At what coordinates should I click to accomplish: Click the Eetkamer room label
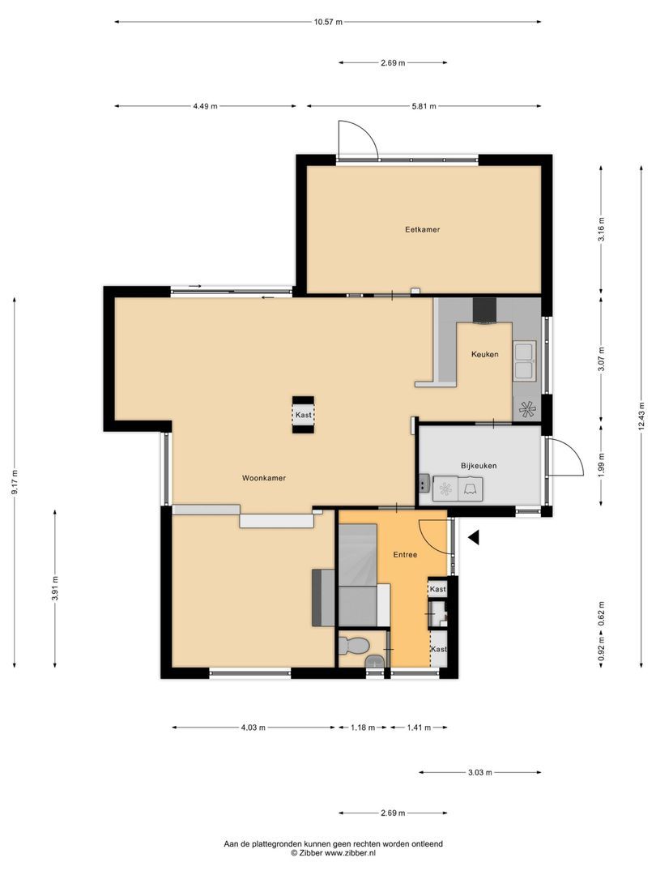point(423,229)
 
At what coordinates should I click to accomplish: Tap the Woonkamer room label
point(264,478)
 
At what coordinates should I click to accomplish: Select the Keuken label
point(485,354)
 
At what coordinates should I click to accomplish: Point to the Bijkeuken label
point(479,466)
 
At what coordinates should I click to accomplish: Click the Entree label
point(405,555)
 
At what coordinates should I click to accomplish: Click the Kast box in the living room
point(303,416)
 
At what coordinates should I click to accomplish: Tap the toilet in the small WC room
point(355,646)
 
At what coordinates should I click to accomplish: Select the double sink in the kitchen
point(525,361)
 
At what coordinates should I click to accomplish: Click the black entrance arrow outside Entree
point(474,536)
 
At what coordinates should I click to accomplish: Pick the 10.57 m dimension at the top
point(328,22)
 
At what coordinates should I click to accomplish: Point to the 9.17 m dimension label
point(15,484)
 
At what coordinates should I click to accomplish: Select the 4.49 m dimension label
point(205,106)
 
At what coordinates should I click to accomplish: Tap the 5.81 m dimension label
point(424,106)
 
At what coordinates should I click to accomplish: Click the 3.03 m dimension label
point(480,773)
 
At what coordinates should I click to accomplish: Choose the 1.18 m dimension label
point(361,728)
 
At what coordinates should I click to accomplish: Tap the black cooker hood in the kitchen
point(485,310)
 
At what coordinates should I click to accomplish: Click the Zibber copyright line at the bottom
point(334,853)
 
